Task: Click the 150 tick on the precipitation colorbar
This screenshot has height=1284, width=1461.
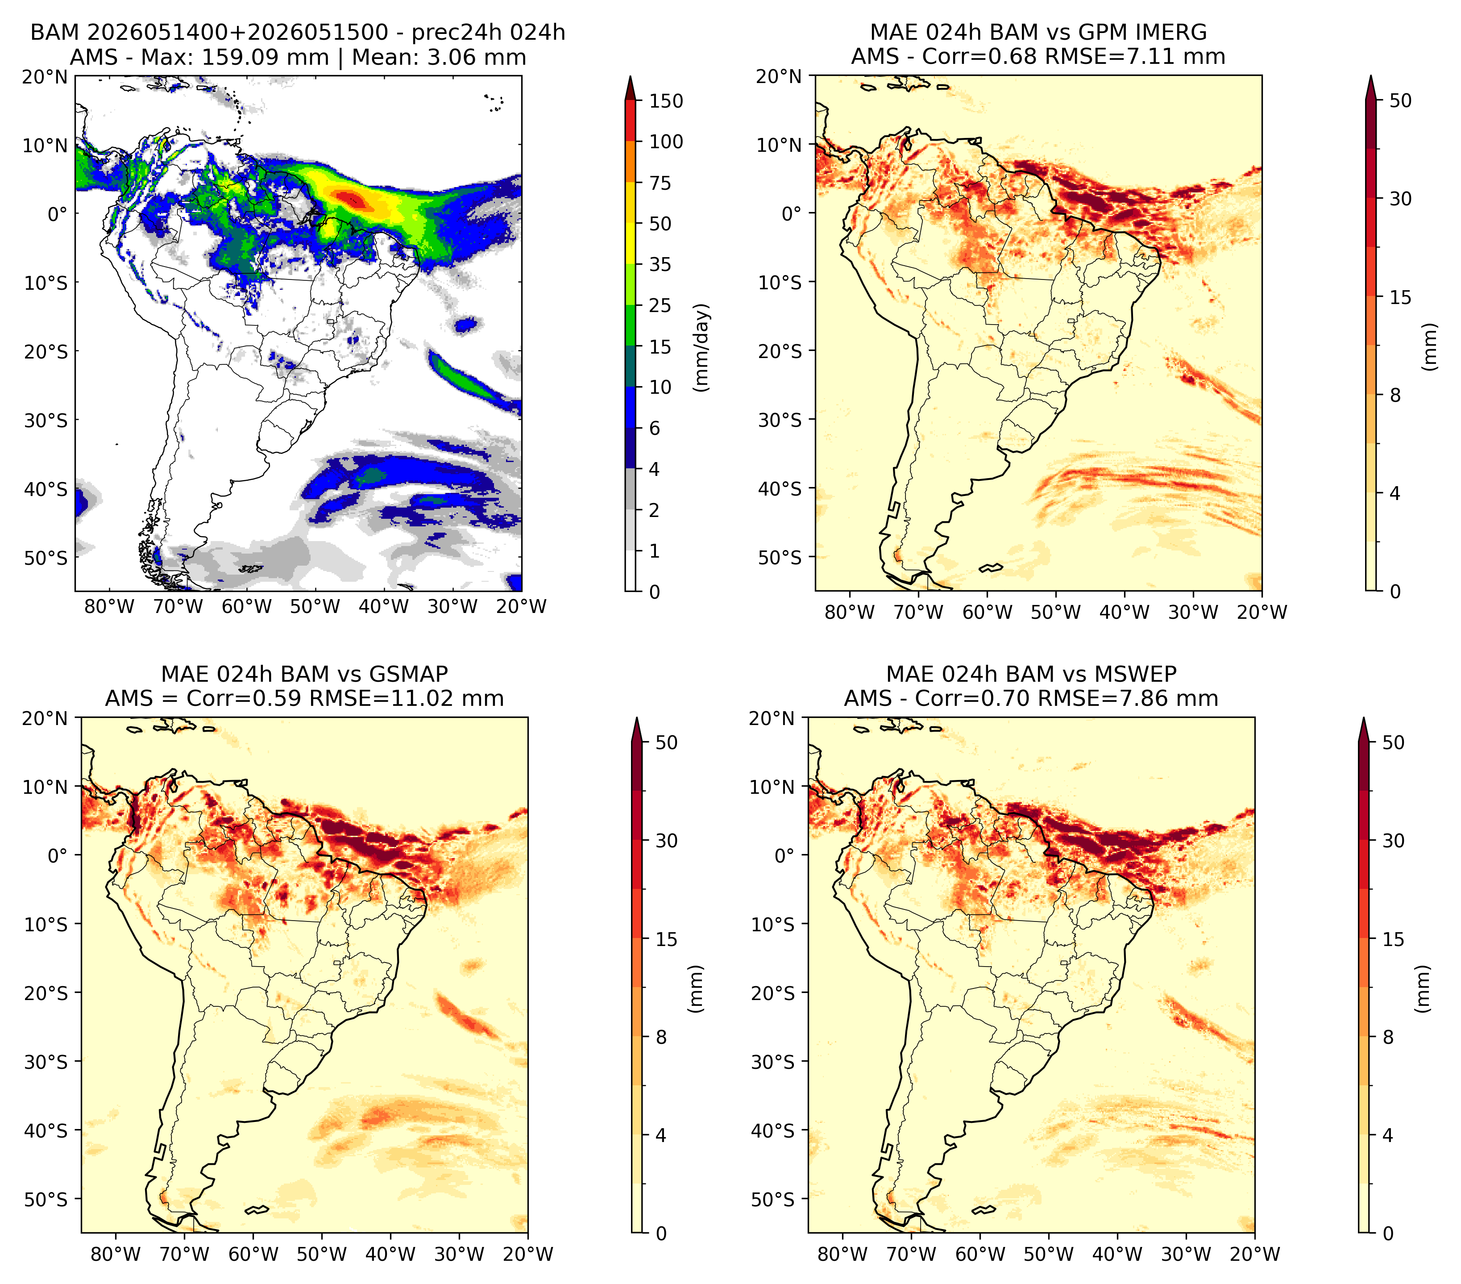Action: pos(666,101)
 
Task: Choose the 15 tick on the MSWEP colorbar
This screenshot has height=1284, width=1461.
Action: pos(1393,939)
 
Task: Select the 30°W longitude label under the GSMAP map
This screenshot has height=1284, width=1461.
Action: pos(459,1255)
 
